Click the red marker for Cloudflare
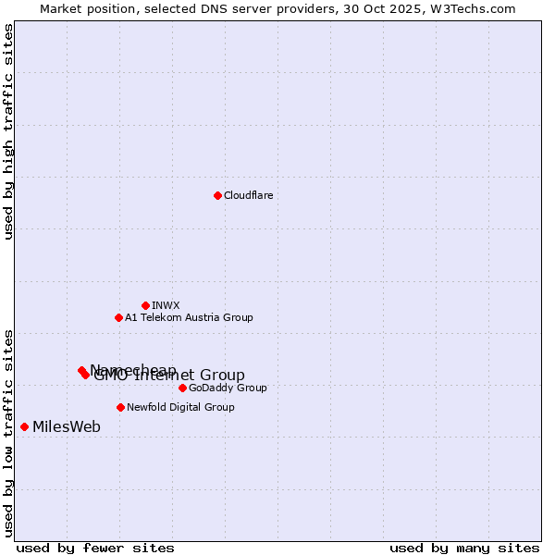(x=217, y=195)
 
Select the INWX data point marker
(x=145, y=305)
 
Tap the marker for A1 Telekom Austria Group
(x=118, y=317)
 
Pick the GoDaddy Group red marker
(x=182, y=388)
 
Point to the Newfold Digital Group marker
(x=120, y=407)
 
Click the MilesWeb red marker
(x=24, y=426)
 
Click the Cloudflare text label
(x=248, y=195)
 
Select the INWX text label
(x=166, y=305)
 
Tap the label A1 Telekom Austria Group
(x=189, y=317)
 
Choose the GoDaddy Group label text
(x=228, y=388)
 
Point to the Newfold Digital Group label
(x=180, y=407)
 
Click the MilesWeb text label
(x=67, y=426)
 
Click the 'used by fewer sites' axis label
(x=95, y=548)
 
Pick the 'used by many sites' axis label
(x=464, y=548)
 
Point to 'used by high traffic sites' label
(x=8, y=131)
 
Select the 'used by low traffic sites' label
(x=8, y=432)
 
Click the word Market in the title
(x=61, y=8)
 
